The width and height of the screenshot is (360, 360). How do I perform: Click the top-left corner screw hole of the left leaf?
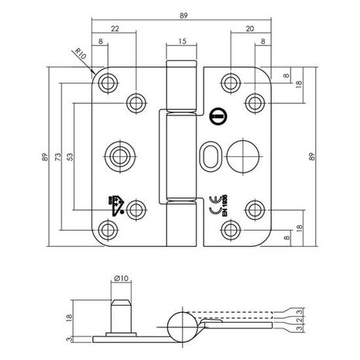click(x=107, y=81)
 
